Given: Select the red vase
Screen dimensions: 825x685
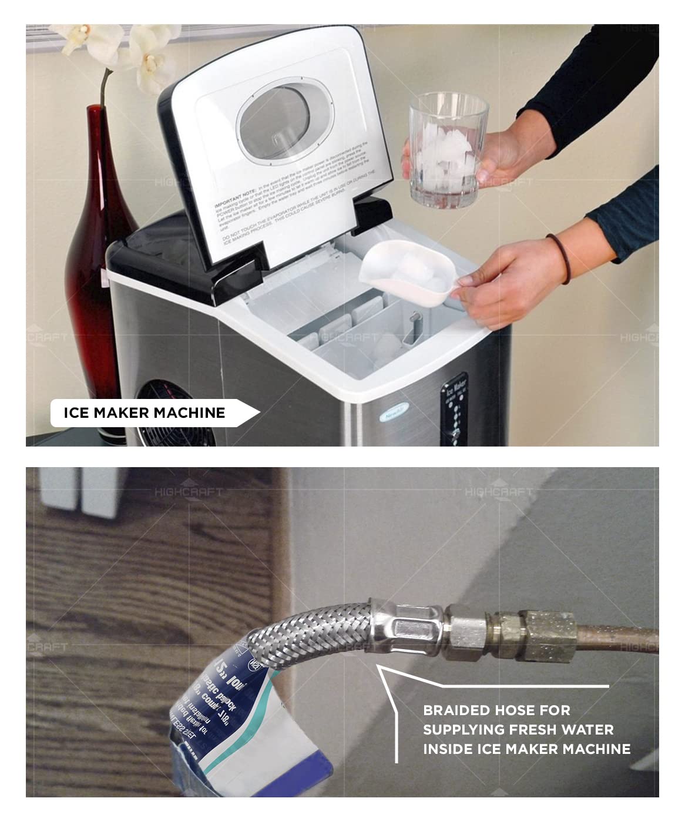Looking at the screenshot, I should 94,264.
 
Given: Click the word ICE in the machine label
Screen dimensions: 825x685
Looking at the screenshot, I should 76,413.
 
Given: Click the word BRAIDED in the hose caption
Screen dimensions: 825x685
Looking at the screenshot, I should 456,710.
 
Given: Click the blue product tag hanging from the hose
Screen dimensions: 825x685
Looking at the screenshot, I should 229,705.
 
